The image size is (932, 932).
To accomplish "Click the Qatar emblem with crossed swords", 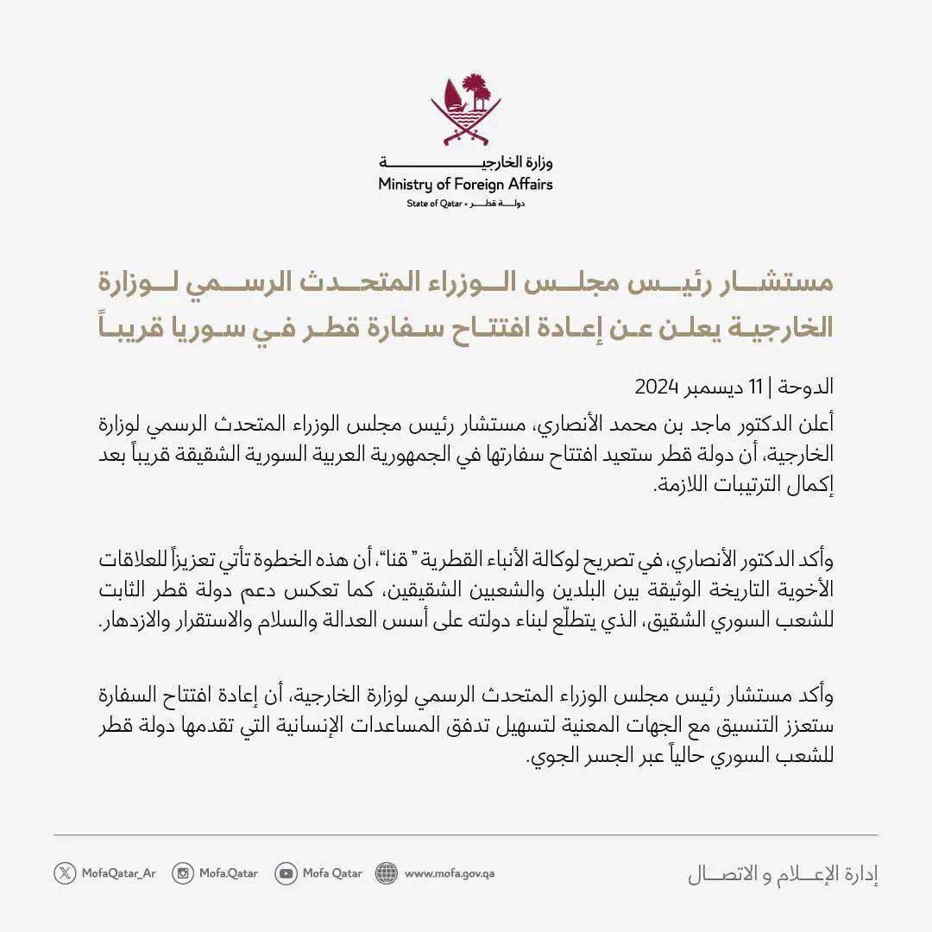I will (466, 110).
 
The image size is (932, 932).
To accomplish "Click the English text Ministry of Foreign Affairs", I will (465, 184).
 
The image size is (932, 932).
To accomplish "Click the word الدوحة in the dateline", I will (809, 386).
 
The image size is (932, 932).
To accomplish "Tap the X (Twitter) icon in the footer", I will (65, 872).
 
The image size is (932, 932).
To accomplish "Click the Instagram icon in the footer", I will (183, 872).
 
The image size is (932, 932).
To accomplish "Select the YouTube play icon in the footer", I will (286, 872).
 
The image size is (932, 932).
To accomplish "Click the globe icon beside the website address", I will (387, 872).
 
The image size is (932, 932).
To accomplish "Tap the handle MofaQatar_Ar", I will (117, 872).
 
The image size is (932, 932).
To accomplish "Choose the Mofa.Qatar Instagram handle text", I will (229, 872).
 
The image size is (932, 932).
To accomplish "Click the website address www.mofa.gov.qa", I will (450, 872).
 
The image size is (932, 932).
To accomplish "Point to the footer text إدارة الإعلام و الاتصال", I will (783, 873).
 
